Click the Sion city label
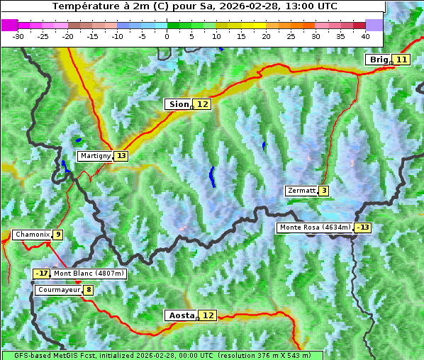[x=178, y=104]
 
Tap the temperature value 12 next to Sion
[x=203, y=104]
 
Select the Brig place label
[x=379, y=60]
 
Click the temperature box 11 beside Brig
[x=401, y=60]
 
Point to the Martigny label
[x=95, y=156]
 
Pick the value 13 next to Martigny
[x=121, y=156]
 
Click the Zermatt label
[x=301, y=191]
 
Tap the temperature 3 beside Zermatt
[x=324, y=191]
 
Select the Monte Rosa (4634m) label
[x=315, y=227]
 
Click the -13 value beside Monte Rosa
[x=363, y=227]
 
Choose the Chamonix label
[x=32, y=235]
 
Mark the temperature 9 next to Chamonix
[x=57, y=235]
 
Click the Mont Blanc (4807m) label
[x=89, y=274]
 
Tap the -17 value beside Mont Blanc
[x=42, y=274]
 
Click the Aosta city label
[x=181, y=315]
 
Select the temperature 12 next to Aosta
[x=208, y=315]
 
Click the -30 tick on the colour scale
[x=18, y=35]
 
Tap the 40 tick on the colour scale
[x=365, y=35]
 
